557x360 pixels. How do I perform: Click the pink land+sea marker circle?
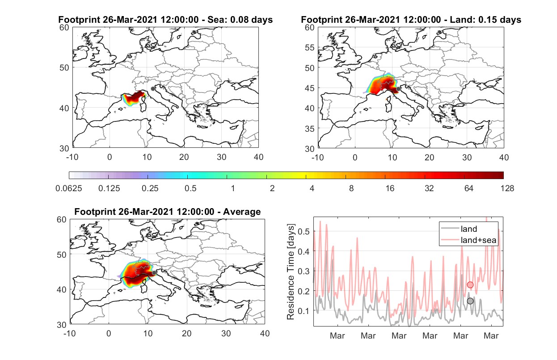[470, 285]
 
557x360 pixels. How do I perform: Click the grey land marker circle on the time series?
[470, 301]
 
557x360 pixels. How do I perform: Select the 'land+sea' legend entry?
[468, 240]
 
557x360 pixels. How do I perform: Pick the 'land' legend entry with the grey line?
[459, 229]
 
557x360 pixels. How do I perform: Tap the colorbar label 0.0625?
[69, 188]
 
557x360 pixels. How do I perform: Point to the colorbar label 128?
[507, 188]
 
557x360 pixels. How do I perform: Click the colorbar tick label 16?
[390, 188]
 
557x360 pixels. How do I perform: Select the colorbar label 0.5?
[190, 188]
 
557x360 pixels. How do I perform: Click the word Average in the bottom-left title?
[242, 212]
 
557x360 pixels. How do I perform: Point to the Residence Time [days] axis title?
[291, 272]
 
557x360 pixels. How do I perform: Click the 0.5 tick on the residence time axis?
[304, 231]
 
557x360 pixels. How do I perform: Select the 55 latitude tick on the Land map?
[310, 47]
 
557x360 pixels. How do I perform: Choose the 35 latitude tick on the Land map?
[310, 129]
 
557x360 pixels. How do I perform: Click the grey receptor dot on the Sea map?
[153, 89]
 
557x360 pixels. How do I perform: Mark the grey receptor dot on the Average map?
[154, 273]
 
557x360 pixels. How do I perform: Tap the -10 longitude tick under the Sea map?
[72, 157]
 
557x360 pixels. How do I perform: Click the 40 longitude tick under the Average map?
[265, 333]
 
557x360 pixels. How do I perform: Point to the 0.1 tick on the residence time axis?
[304, 311]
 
